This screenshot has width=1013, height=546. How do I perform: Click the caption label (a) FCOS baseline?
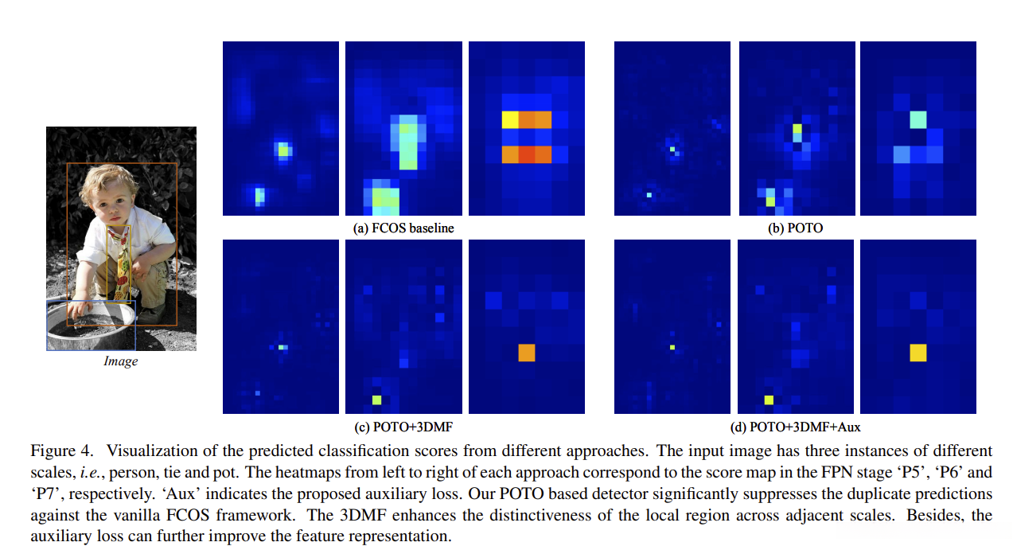[x=403, y=228]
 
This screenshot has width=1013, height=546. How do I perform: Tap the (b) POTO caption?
[x=795, y=228]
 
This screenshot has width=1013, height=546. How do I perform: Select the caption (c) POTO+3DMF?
[x=403, y=427]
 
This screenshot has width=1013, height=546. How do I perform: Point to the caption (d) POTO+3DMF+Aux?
[x=795, y=427]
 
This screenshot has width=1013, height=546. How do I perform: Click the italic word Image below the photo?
[x=121, y=361]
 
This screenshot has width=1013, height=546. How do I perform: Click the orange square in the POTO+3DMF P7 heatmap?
[x=526, y=353]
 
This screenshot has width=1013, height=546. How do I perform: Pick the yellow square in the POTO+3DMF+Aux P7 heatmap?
[x=918, y=353]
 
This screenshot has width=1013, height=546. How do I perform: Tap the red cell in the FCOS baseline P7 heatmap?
[x=526, y=154]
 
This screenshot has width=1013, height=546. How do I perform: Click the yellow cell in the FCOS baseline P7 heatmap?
[x=509, y=119]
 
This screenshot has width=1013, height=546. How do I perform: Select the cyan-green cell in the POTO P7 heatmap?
[x=918, y=119]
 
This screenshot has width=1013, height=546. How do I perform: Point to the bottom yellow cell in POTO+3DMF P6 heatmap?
[x=376, y=400]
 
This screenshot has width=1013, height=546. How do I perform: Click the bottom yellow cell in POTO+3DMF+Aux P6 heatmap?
[x=769, y=400]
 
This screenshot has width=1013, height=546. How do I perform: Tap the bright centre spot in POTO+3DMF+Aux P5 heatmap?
[x=672, y=348]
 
